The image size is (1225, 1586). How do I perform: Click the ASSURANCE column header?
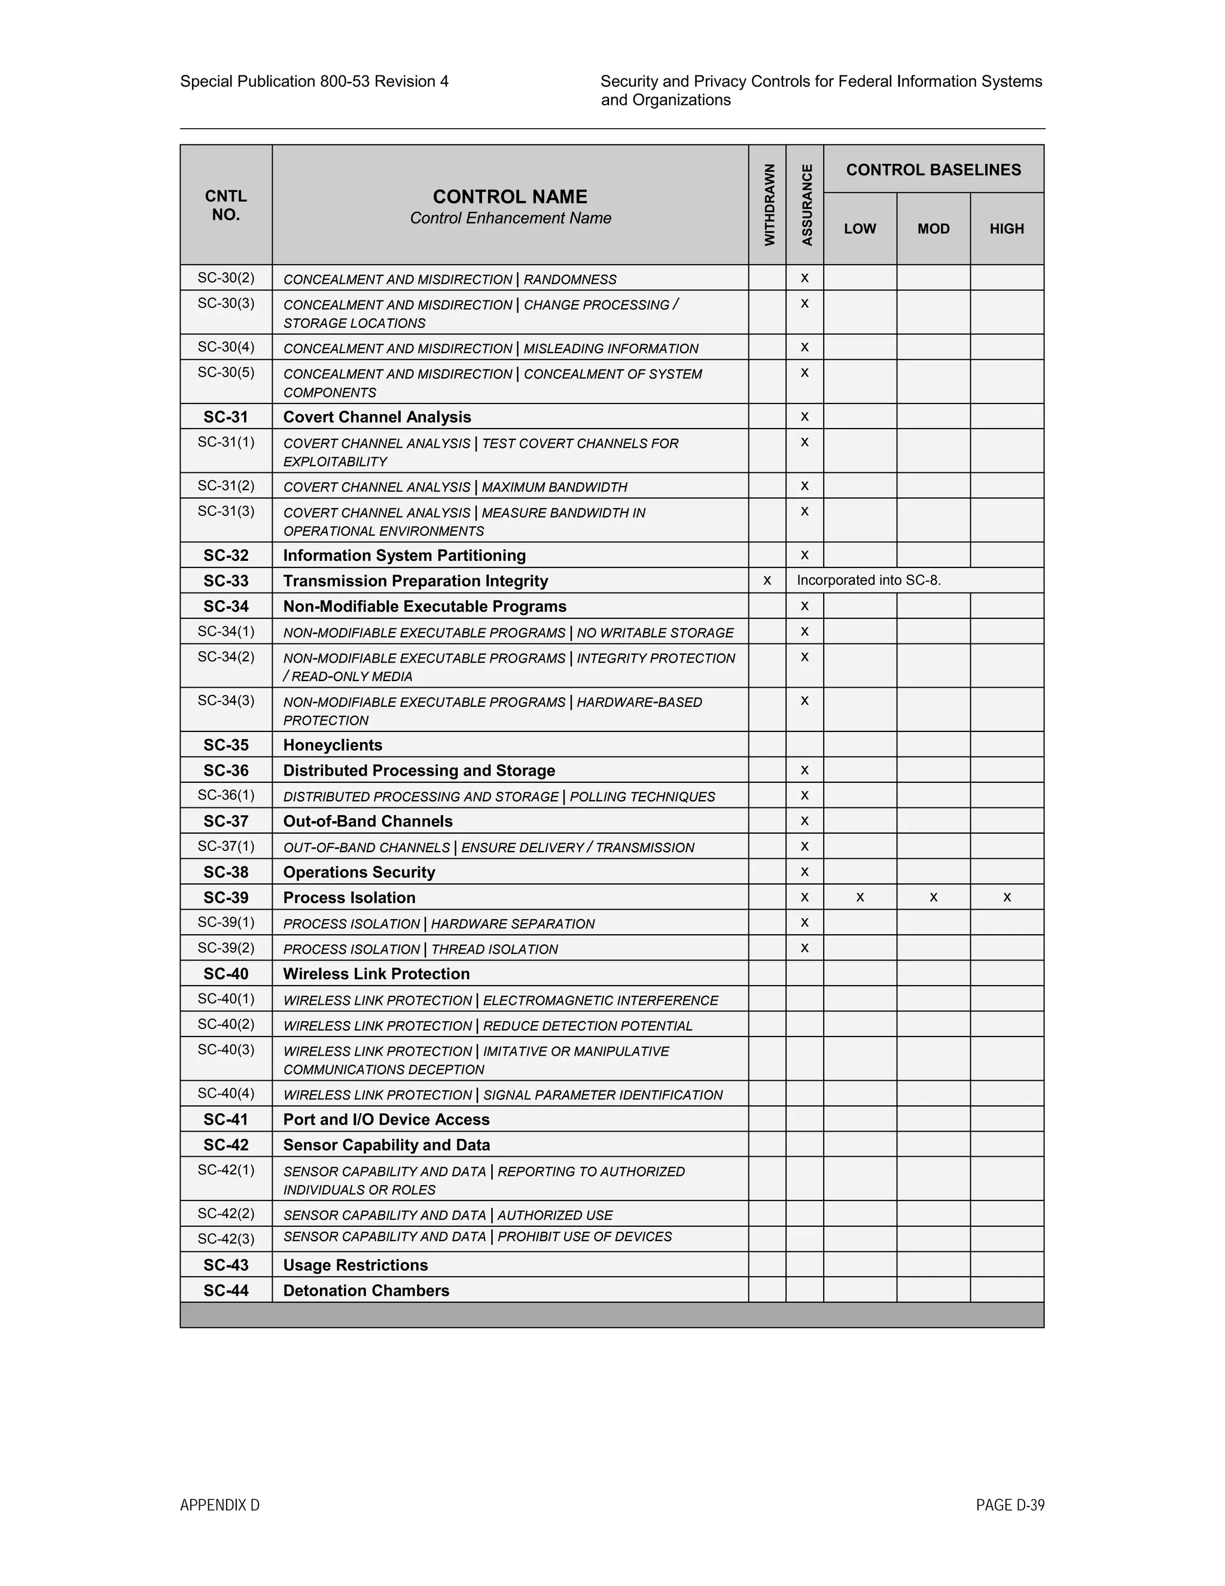point(806,205)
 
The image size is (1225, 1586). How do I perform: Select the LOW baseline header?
point(860,229)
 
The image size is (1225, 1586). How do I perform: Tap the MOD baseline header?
point(933,229)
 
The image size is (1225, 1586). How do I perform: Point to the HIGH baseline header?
point(1007,229)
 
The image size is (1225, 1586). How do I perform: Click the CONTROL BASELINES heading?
point(933,170)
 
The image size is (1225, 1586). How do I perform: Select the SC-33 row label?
point(226,581)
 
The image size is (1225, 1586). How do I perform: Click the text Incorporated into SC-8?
point(869,580)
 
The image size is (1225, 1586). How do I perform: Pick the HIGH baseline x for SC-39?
point(1007,898)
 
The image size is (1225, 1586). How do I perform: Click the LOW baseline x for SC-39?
point(860,898)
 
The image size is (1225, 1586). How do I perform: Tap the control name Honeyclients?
point(333,745)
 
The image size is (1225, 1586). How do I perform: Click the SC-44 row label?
point(226,1290)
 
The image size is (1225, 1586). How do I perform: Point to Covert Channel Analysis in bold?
point(377,417)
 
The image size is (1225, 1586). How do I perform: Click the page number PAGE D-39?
point(1010,1505)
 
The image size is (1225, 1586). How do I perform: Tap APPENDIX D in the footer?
point(220,1505)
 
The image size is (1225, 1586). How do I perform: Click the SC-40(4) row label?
point(226,1093)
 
